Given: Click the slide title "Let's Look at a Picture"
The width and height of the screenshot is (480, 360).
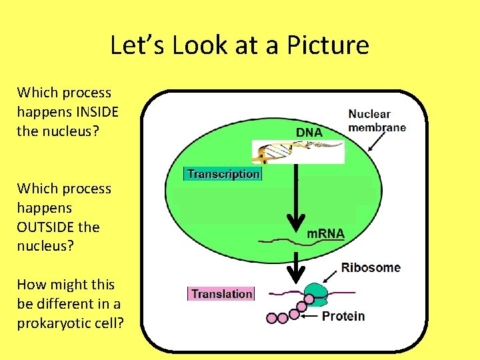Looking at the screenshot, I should click(239, 45).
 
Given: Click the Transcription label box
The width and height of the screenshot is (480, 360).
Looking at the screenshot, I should click(223, 174).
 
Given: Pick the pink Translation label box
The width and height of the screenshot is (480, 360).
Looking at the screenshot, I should click(221, 294).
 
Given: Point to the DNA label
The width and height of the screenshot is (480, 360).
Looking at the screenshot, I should click(309, 132).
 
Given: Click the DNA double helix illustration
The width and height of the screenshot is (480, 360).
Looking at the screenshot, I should click(297, 152).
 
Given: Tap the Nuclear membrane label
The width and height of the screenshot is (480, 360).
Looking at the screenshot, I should click(377, 121).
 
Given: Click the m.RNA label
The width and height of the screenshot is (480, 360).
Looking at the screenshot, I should click(325, 233).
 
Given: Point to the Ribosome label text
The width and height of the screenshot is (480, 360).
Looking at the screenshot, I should click(371, 267).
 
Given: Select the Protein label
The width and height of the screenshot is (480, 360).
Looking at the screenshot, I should click(343, 315).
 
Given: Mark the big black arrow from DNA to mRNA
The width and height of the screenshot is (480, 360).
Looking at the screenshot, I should click(295, 200).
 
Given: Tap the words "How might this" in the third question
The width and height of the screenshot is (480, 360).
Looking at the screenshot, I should click(65, 285).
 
